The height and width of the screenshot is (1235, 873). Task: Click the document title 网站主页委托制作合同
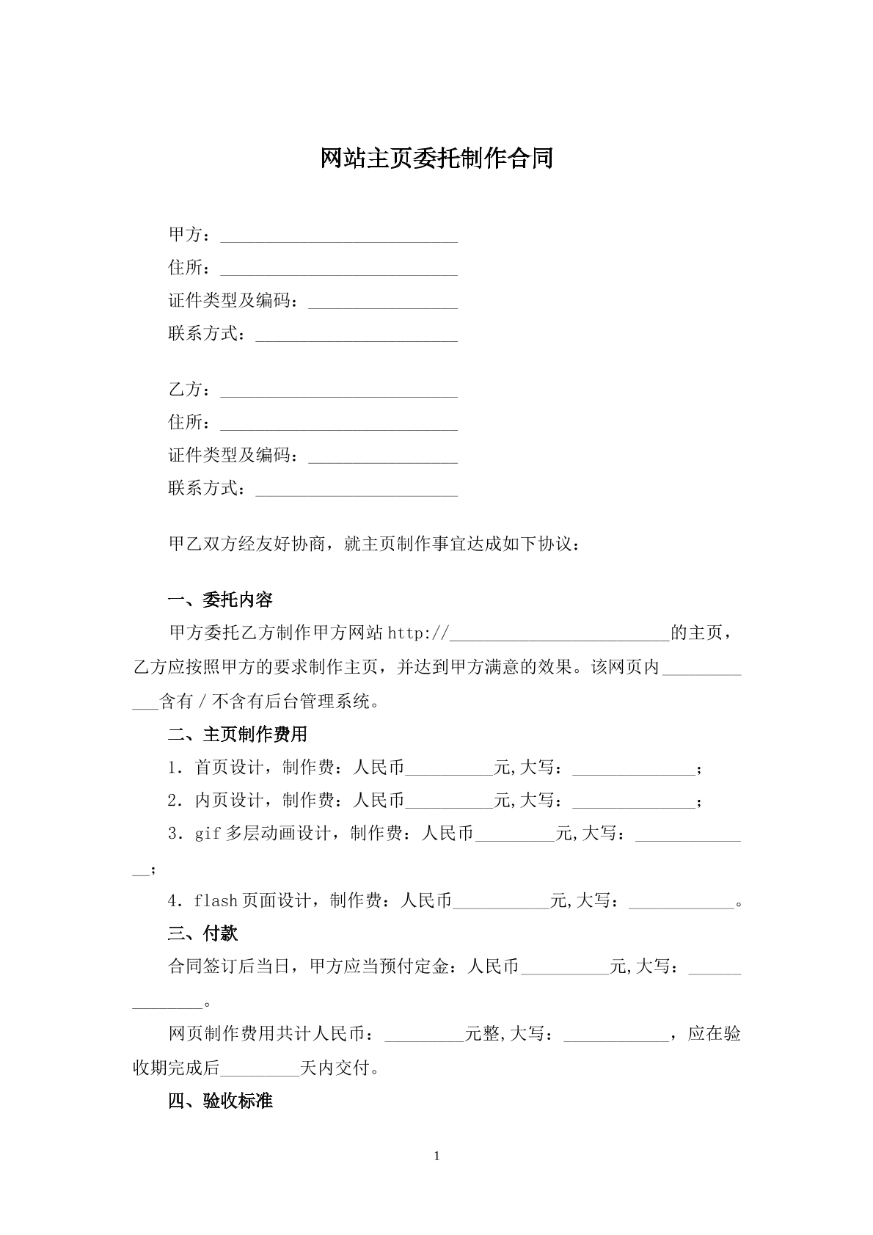point(436,159)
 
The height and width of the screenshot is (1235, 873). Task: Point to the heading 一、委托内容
point(220,600)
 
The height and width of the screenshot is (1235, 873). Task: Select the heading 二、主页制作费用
point(238,734)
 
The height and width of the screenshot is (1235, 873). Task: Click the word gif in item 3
point(208,834)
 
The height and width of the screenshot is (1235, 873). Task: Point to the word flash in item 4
point(216,900)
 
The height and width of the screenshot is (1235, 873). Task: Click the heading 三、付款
point(202,933)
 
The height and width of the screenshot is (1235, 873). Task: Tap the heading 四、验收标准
point(220,1101)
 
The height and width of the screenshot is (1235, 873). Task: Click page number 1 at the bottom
point(437,1156)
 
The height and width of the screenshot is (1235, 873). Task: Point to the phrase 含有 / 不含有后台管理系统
point(269,702)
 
